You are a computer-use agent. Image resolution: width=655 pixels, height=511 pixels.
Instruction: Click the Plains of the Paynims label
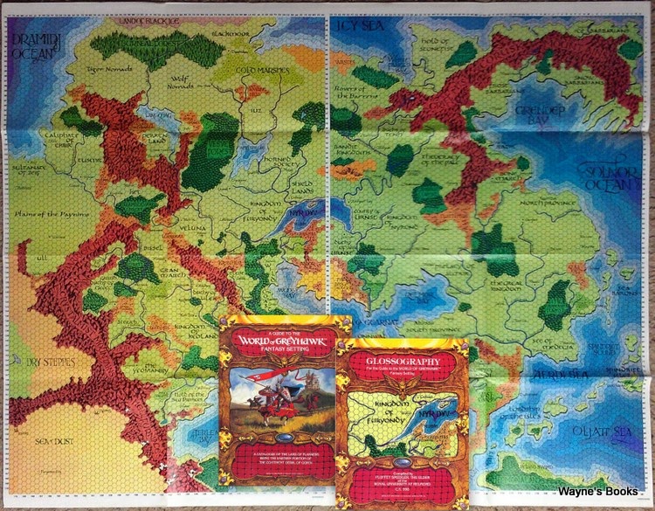54,215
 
